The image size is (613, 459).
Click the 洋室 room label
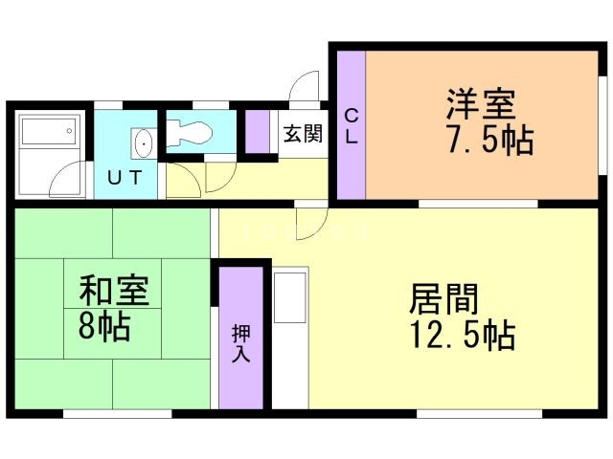click(480, 102)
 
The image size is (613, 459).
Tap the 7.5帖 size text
click(488, 141)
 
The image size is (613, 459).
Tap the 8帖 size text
click(104, 328)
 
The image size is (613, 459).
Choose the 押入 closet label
click(240, 342)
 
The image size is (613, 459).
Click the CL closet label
click(351, 126)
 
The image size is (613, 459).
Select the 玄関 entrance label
click(302, 134)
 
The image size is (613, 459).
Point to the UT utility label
click(125, 177)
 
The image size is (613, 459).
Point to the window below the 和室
click(117, 413)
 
